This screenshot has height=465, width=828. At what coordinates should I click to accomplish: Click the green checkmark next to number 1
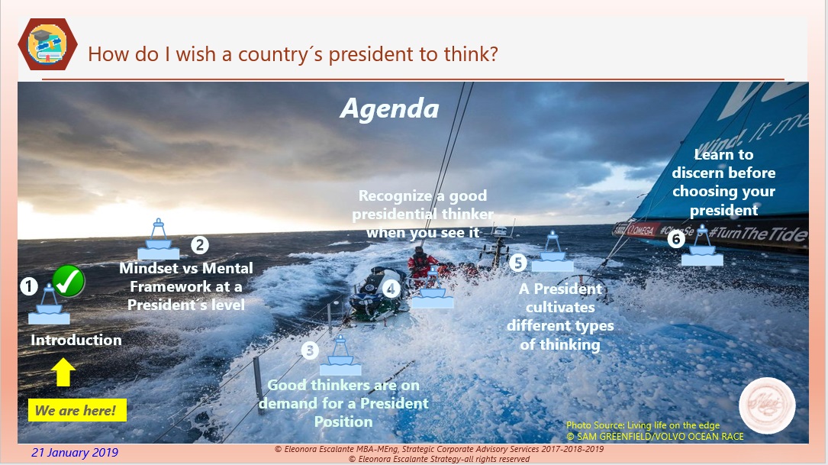coord(69,281)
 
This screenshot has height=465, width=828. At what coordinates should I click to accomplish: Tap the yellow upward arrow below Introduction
coord(64,373)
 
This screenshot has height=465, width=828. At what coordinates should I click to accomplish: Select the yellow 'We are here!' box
coord(76,411)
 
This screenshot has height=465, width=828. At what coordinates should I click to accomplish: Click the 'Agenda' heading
coord(389,108)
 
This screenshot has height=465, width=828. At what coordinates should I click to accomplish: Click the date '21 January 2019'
coord(75,453)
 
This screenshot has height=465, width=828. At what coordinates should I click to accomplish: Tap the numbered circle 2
coord(199,245)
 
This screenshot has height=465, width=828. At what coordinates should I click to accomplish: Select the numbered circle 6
coord(675,239)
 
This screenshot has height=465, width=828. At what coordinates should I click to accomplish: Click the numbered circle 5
coord(518,263)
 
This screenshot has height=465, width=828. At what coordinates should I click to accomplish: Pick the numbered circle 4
coord(391,289)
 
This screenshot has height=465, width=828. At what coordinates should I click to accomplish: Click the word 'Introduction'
coord(76,341)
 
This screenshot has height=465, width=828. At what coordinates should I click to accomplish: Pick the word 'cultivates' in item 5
coord(560,307)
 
